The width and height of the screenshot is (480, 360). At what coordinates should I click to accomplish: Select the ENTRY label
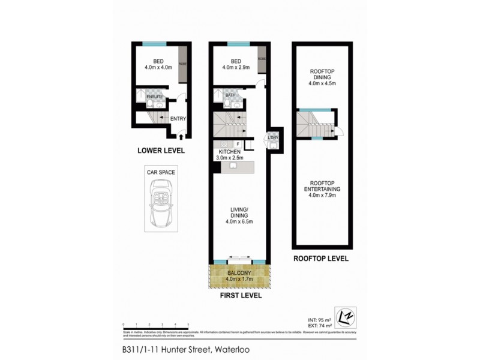pos(178,118)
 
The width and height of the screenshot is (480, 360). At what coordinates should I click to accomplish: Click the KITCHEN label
pos(230,152)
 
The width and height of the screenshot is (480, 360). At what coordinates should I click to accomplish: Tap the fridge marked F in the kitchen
pos(238,144)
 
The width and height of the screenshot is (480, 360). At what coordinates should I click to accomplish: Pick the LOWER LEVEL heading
pos(161,151)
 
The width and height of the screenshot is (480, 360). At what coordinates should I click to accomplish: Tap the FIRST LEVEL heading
pos(239,296)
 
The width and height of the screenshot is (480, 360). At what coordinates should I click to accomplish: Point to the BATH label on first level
pos(230,95)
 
